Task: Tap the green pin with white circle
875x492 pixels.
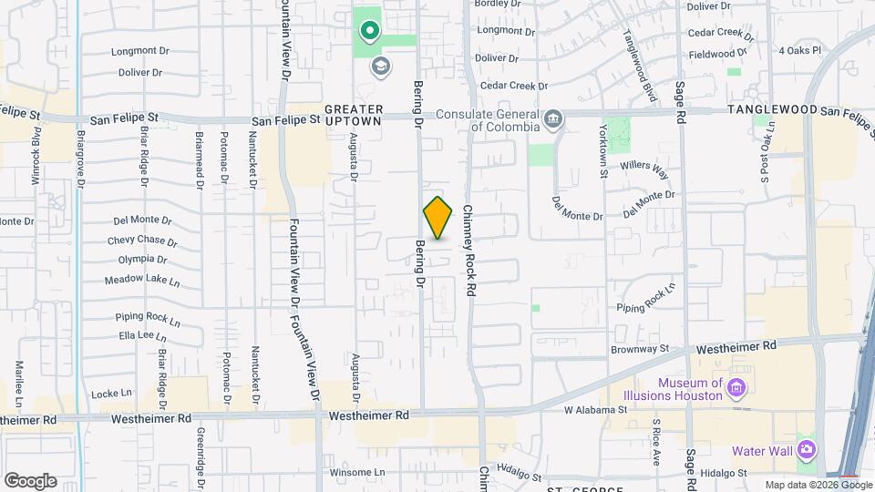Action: [x=369, y=33]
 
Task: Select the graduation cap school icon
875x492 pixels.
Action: [x=379, y=66]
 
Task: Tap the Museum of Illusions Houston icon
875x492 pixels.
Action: [x=737, y=390]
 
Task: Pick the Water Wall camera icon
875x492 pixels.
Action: [x=806, y=450]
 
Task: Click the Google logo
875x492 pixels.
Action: [x=30, y=481]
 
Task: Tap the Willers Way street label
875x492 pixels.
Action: [x=645, y=169]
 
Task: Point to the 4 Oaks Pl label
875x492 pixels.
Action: [x=800, y=51]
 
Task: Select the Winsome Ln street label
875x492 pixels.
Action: [x=352, y=472]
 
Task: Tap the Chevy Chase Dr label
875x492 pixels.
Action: [x=141, y=241]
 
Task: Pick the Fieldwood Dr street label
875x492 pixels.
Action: [x=737, y=55]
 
